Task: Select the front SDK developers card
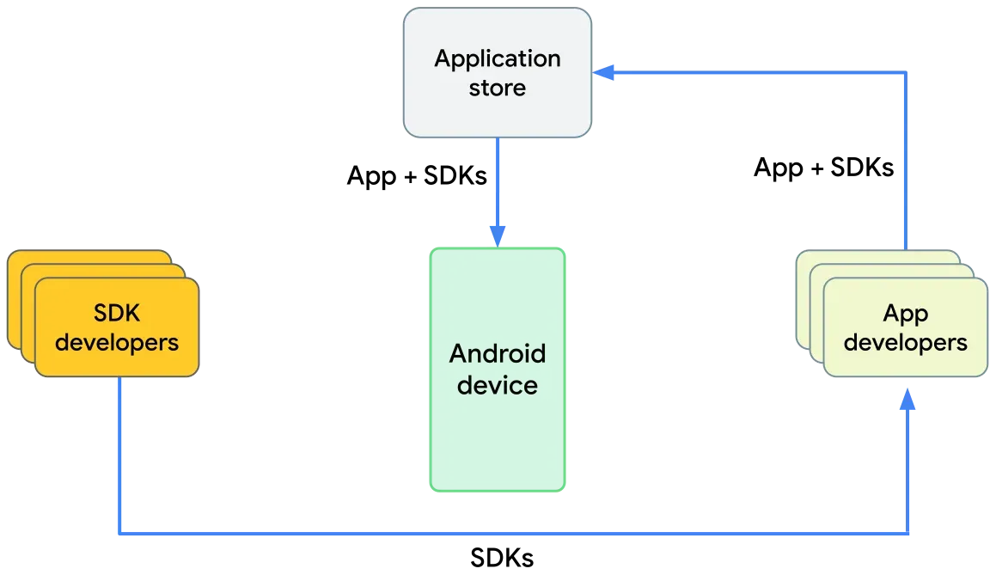coord(116,327)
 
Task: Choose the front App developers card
coord(905,327)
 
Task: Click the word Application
coord(498,59)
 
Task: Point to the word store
coord(498,88)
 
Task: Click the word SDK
coord(116,314)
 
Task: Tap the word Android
coord(498,354)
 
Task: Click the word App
coord(905,314)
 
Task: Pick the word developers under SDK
coord(116,342)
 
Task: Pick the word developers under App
coord(905,342)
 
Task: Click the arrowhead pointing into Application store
coord(607,73)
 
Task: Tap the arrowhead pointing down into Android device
coord(498,234)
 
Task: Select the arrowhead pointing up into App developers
coord(907,401)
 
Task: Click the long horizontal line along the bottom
coord(516,534)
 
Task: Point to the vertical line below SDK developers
coord(119,456)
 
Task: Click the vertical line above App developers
coord(905,163)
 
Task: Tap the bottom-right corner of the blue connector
coord(909,533)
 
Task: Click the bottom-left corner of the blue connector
coord(120,533)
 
